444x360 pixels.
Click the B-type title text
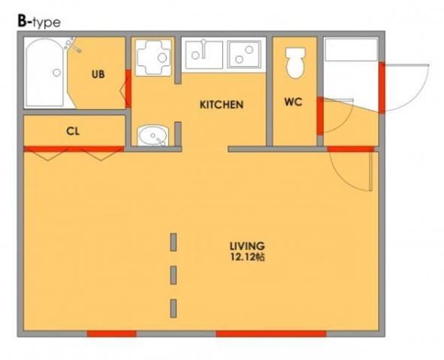(39, 22)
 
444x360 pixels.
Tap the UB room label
(98, 74)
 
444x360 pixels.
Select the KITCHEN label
(221, 105)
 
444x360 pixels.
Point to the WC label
(294, 102)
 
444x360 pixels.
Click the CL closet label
(73, 131)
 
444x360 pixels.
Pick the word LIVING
(247, 246)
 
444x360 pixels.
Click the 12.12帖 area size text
(247, 257)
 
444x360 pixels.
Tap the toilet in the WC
(295, 63)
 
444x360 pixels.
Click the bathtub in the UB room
(44, 73)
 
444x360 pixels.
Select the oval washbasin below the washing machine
(153, 136)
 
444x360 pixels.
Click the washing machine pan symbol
(154, 58)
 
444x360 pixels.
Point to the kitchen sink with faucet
(204, 54)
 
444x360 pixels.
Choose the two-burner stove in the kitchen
(244, 54)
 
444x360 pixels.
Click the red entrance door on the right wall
(382, 88)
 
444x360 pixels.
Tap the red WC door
(320, 116)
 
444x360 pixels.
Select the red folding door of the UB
(128, 89)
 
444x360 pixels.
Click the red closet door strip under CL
(74, 149)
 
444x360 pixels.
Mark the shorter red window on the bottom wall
(112, 333)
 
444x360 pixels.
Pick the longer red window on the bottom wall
(271, 333)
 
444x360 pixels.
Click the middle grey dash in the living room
(173, 275)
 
